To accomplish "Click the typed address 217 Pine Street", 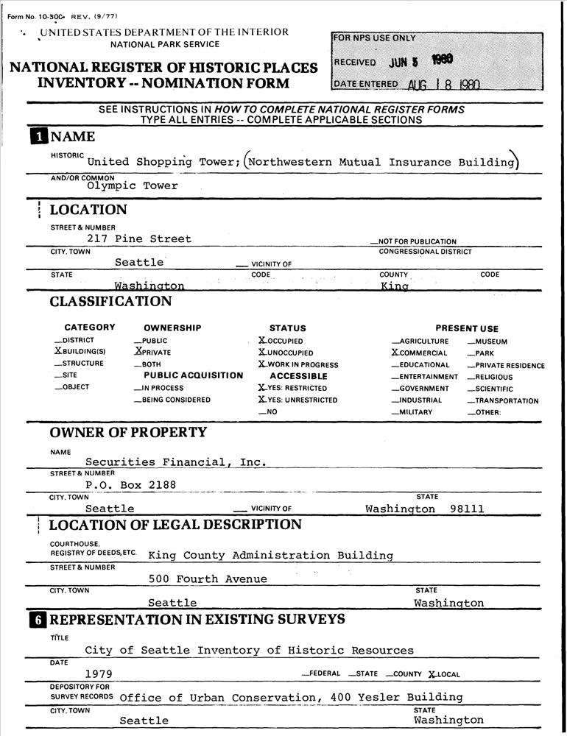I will point(139,239).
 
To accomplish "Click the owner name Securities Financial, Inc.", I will point(175,463).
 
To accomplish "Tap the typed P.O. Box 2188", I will point(130,485).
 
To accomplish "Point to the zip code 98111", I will point(467,509).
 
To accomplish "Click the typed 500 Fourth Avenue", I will point(208,579).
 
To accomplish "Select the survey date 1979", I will point(98,674).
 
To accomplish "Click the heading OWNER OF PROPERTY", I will point(128,432).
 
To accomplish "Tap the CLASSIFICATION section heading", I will point(110,302).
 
